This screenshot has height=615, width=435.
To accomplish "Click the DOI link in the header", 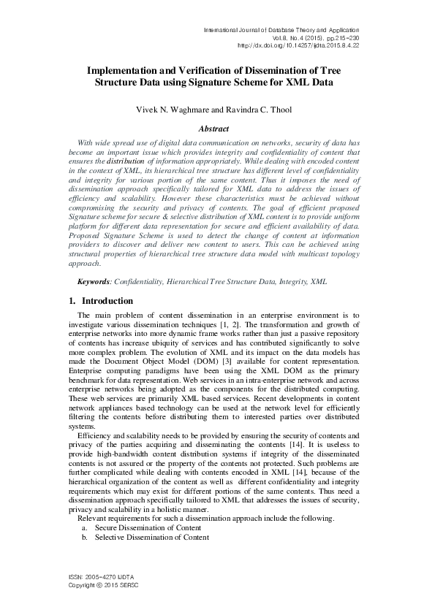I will pyautogui.click(x=299, y=45).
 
